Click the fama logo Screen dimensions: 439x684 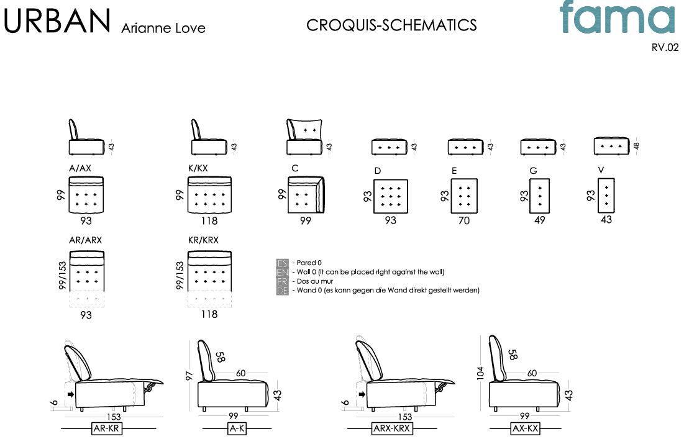616,18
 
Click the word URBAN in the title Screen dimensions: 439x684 57,21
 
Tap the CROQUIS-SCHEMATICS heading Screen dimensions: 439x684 391,25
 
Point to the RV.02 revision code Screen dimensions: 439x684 665,47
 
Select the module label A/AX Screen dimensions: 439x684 80,168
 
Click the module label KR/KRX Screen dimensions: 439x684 203,240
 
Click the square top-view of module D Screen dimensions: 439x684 391,196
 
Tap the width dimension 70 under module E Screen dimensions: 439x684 463,220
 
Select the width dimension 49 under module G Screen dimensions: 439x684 539,220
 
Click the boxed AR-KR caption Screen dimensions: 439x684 107,428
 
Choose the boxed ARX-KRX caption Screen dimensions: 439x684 391,428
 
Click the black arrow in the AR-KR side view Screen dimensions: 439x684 71,394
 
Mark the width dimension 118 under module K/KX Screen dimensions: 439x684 209,220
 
